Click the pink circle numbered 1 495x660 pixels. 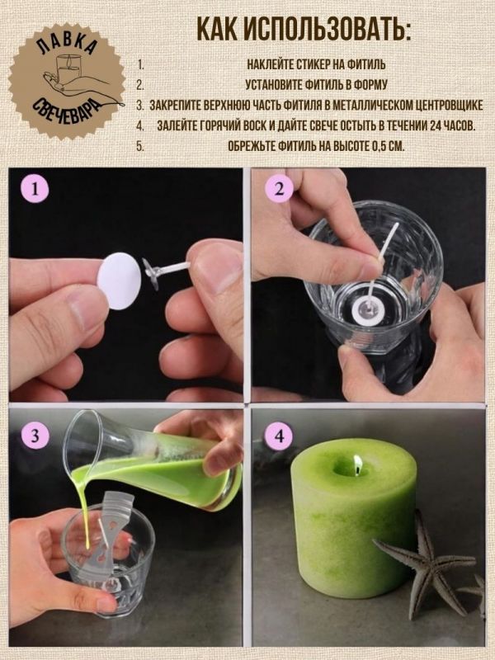35,189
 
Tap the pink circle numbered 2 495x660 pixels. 279,189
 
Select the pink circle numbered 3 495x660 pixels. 35,435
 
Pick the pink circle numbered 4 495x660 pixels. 279,436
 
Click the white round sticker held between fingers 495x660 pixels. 120,281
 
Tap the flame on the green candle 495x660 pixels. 357,463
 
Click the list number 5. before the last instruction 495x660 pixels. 140,147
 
